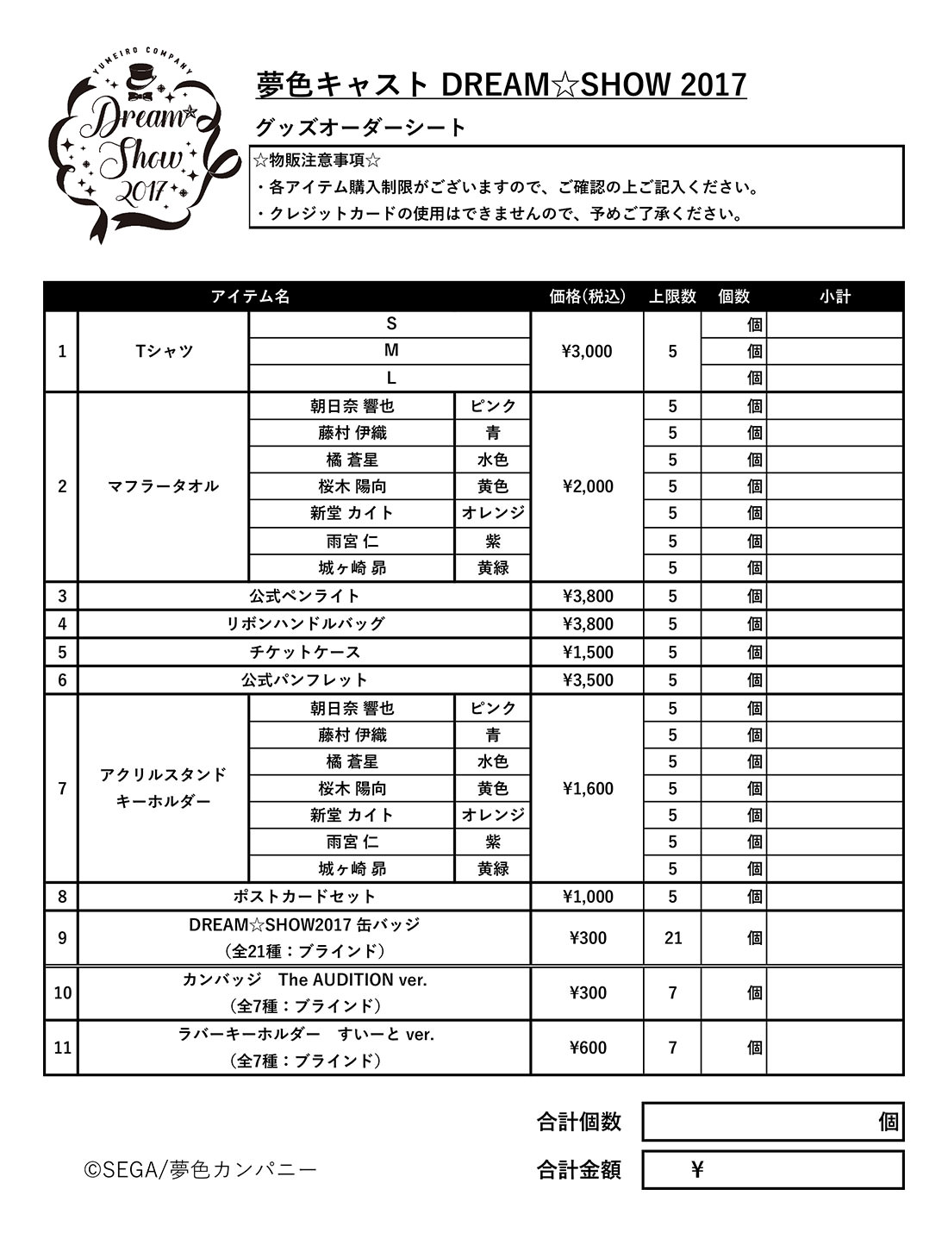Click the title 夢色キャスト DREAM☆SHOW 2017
(x=501, y=84)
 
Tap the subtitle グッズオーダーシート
(x=360, y=128)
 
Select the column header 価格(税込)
(x=587, y=297)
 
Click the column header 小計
(x=834, y=297)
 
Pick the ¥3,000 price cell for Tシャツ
(x=587, y=351)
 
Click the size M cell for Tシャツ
(x=390, y=351)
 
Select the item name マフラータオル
(x=163, y=486)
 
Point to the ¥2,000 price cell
(x=587, y=486)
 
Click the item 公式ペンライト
(x=304, y=596)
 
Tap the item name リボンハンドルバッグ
(x=304, y=623)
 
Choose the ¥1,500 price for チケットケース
(x=587, y=652)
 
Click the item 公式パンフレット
(x=304, y=679)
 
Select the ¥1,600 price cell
(x=587, y=788)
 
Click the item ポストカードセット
(x=304, y=897)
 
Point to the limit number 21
(x=673, y=937)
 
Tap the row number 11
(x=62, y=1048)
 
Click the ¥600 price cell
(x=587, y=1048)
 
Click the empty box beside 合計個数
(x=758, y=1122)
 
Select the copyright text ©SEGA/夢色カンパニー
(x=200, y=1170)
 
